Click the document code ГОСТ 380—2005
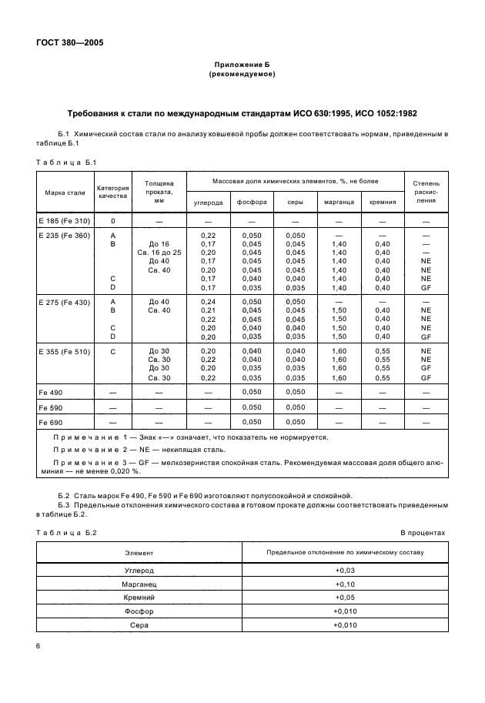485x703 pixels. point(69,43)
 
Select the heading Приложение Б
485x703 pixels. point(242,65)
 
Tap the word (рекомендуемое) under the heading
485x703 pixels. point(242,75)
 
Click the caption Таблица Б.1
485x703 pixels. point(66,162)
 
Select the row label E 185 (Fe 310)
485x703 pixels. point(65,220)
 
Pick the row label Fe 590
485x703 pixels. point(51,407)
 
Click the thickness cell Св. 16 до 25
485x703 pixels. point(159,252)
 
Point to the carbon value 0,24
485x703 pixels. point(208,302)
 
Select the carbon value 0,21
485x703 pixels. point(208,310)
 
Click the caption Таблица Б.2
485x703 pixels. point(66,532)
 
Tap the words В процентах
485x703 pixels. point(423,532)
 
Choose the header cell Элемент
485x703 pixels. point(139,553)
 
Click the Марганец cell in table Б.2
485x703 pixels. point(139,584)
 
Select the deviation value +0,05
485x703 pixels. point(344,598)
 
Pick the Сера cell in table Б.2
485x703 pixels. point(139,624)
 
